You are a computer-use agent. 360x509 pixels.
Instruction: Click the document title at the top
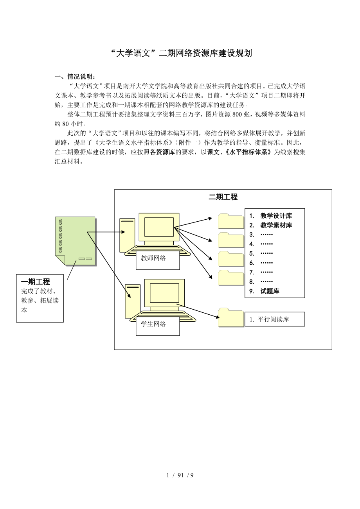[180, 54]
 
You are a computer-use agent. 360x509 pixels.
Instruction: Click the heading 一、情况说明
[74, 76]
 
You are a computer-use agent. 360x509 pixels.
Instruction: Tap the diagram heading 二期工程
[223, 197]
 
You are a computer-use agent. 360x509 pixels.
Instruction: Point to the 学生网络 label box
[157, 324]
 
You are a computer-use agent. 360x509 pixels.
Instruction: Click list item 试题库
[270, 291]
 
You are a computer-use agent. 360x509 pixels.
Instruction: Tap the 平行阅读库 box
[275, 319]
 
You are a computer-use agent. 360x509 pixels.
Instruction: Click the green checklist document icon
[75, 241]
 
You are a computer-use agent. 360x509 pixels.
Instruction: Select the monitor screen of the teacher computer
[159, 227]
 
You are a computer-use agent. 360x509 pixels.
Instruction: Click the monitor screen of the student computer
[164, 293]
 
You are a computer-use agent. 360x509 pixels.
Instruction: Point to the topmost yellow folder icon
[231, 221]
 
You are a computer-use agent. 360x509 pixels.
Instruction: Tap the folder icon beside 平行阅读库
[231, 317]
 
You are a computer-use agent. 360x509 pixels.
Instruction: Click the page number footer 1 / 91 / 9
[180, 475]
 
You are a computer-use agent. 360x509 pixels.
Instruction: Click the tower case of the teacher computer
[127, 235]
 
